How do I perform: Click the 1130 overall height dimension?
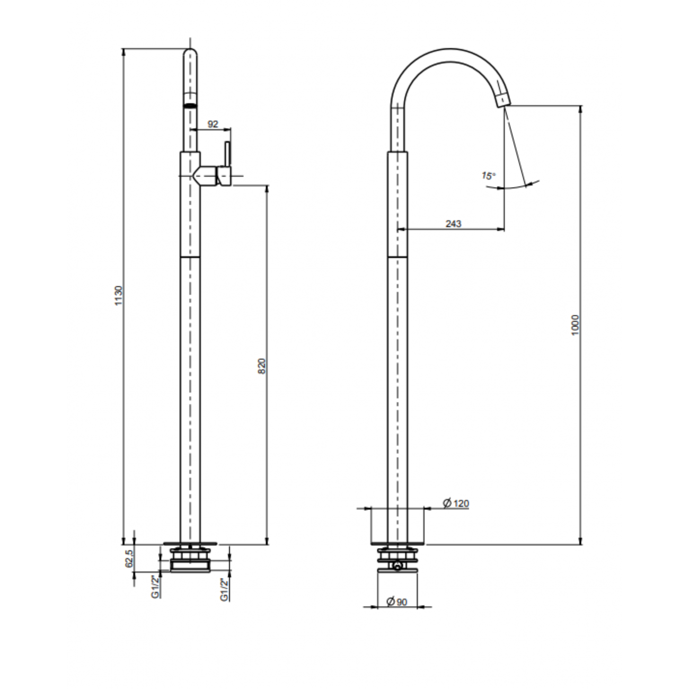119,295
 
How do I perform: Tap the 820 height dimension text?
262,365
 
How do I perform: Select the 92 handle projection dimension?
213,124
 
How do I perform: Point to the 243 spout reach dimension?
453,224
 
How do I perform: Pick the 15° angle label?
488,175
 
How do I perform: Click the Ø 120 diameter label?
456,503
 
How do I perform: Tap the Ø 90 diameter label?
397,602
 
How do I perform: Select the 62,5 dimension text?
129,559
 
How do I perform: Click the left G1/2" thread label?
155,587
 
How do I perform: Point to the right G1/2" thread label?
224,589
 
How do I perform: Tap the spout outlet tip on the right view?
502,100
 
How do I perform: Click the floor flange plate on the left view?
190,543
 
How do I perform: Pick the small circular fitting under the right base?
397,567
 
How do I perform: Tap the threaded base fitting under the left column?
190,561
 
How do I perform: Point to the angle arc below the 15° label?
519,185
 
